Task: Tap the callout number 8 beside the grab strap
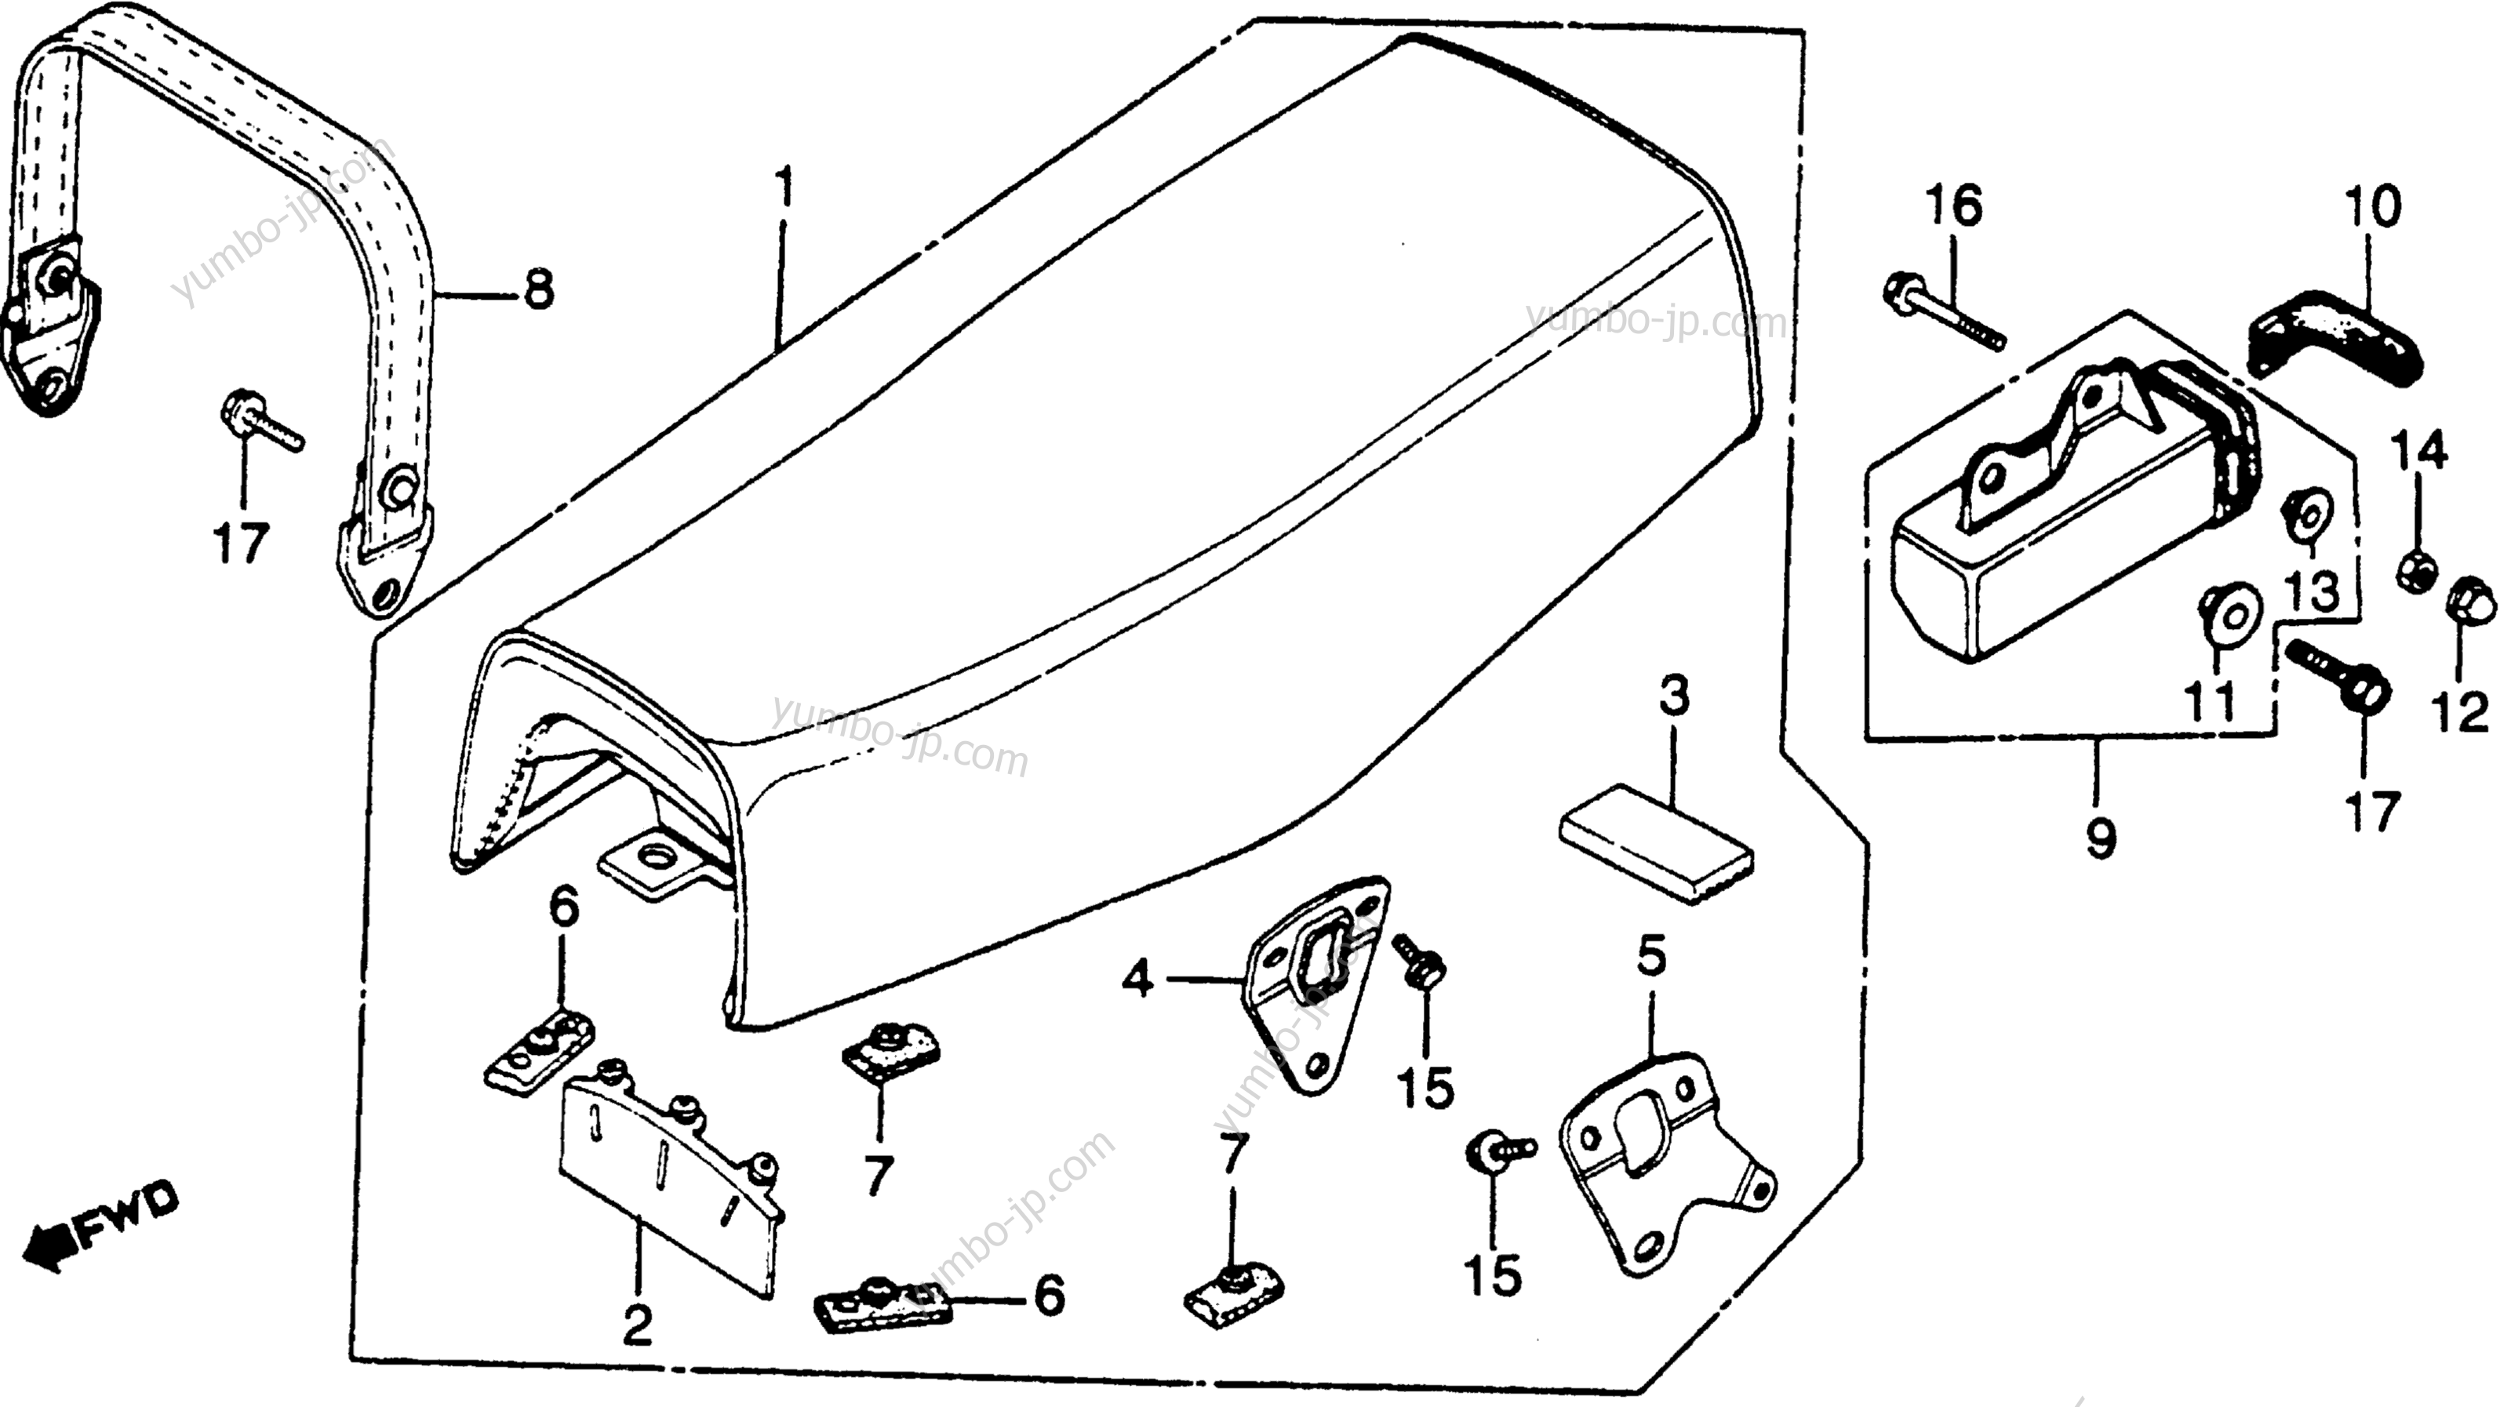coord(539,289)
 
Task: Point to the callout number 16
coord(1952,207)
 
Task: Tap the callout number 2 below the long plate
coord(637,1325)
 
